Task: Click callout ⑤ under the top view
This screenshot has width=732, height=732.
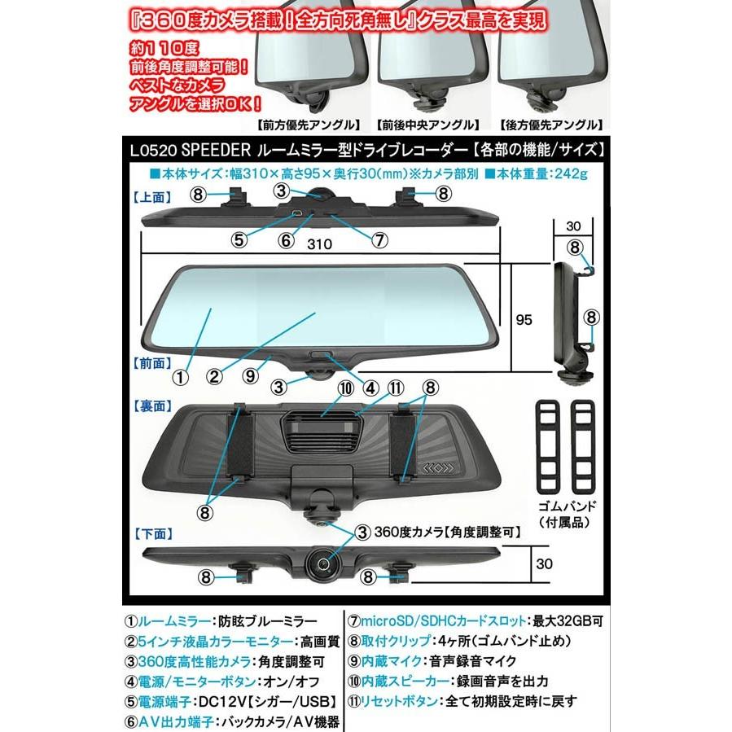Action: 239,240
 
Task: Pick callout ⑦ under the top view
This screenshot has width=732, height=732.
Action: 379,240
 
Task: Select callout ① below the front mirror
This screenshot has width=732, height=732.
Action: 181,377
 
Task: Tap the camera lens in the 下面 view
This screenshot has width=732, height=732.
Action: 323,561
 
